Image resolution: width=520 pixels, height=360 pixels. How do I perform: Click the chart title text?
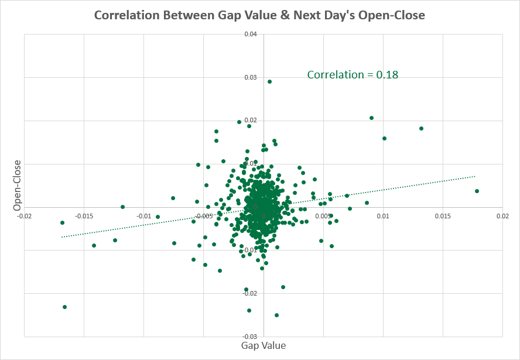tap(259, 16)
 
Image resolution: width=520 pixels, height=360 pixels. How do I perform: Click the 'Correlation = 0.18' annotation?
tap(353, 74)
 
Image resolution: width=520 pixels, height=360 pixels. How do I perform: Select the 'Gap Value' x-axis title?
tap(264, 345)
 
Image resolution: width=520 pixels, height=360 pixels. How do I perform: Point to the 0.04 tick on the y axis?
tap(251, 35)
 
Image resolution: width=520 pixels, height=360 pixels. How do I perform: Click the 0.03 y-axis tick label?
tap(251, 78)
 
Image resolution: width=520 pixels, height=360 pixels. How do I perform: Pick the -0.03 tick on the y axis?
tap(250, 337)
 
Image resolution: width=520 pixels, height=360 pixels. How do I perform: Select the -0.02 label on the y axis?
tap(250, 293)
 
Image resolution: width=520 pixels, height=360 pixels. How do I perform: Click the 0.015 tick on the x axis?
tap(443, 216)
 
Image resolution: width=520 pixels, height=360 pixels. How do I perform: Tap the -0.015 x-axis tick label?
tap(84, 216)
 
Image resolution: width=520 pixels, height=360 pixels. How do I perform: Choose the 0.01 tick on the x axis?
tap(383, 216)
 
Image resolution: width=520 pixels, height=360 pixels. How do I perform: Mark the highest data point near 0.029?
tap(269, 81)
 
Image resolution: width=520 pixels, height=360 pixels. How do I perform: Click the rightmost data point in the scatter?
tap(477, 191)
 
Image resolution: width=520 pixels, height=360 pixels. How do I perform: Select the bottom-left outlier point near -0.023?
tap(64, 307)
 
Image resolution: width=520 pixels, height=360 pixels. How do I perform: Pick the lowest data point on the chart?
tap(276, 315)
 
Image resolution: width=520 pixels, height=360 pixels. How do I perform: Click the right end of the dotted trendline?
tap(475, 176)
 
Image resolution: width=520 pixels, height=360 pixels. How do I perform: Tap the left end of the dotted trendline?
tap(62, 236)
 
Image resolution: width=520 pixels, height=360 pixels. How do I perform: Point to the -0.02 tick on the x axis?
tap(24, 216)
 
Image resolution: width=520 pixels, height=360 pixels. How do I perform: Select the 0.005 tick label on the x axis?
tap(324, 216)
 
